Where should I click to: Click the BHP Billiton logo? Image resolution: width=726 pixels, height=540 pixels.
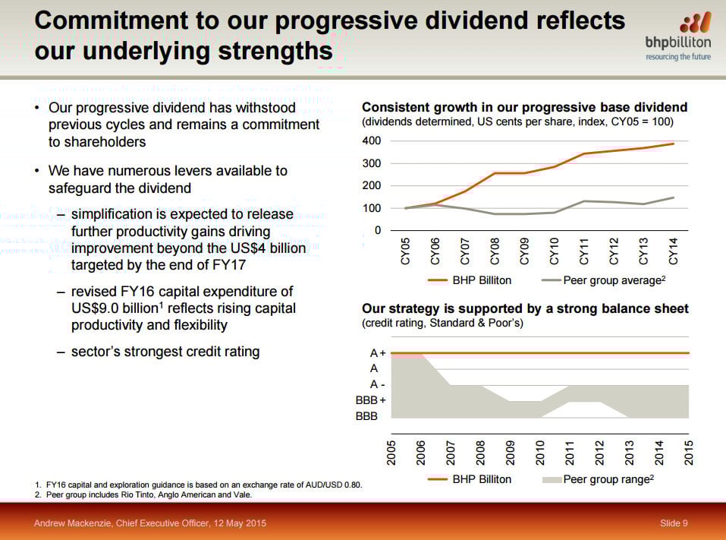(677, 36)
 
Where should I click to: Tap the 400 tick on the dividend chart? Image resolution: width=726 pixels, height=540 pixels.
(371, 141)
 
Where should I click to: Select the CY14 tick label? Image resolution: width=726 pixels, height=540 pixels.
(673, 251)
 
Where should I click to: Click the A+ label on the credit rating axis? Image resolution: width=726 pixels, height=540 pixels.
(378, 353)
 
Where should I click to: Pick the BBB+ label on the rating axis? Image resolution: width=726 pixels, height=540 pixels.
(371, 400)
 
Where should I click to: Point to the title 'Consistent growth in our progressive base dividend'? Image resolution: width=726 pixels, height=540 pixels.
(524, 107)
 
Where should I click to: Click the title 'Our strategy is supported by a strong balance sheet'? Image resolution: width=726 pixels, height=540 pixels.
(525, 308)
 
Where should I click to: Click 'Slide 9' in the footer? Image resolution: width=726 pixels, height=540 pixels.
(674, 523)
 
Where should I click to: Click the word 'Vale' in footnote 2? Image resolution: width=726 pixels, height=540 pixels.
(241, 494)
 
